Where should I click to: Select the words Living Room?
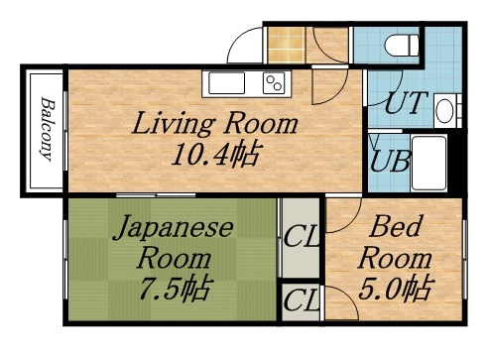(x=216, y=125)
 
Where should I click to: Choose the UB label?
(x=391, y=159)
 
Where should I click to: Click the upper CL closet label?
(x=301, y=238)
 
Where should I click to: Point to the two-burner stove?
(x=273, y=84)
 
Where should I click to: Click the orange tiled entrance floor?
(x=285, y=45)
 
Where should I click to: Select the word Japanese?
(x=173, y=229)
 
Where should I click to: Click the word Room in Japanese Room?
(x=174, y=259)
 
